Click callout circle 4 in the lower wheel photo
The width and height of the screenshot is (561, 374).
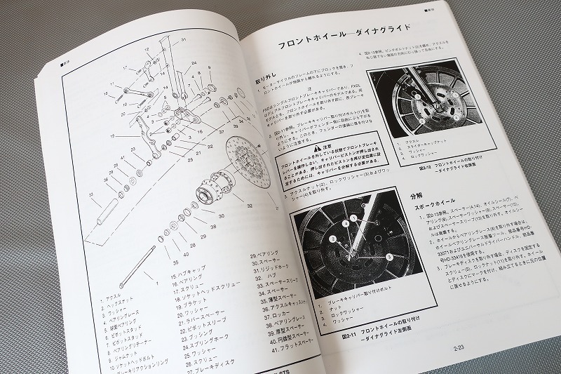pos(345,223)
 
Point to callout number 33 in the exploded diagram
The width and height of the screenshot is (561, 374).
pos(91,195)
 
